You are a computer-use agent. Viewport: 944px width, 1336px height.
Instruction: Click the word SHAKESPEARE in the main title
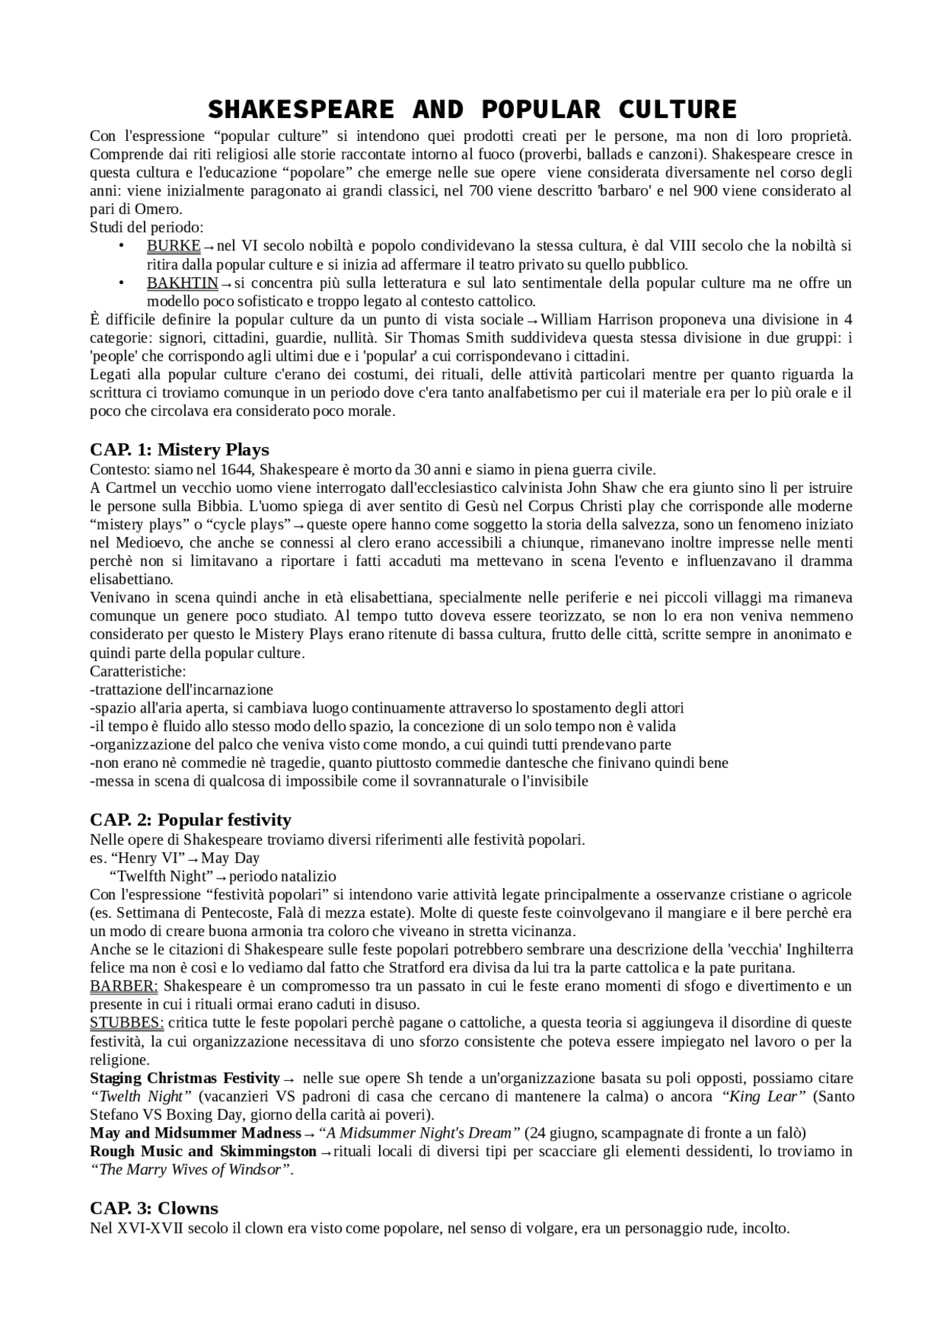[x=300, y=109]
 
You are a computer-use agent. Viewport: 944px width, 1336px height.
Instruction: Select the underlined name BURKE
[x=173, y=246]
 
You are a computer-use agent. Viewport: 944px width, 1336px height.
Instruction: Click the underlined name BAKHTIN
[x=182, y=283]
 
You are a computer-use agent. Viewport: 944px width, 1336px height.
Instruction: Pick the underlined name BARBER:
[x=124, y=986]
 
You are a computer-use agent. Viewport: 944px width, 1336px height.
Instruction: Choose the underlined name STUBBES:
[x=127, y=1022]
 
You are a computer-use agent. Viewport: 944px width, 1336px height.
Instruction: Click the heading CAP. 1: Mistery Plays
[x=179, y=449]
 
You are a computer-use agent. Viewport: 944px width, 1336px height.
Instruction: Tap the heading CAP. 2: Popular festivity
[x=190, y=820]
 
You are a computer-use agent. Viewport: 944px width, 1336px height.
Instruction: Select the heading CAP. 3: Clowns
[x=154, y=1208]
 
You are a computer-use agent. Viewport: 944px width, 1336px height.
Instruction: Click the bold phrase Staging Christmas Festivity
[x=185, y=1078]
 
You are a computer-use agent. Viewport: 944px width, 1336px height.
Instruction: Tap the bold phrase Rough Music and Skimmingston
[x=203, y=1151]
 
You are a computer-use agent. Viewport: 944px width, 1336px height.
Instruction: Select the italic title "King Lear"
[x=763, y=1096]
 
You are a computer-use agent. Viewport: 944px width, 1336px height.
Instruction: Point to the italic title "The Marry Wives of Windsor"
[x=190, y=1169]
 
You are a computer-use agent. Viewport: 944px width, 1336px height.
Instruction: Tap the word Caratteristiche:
[x=138, y=671]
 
